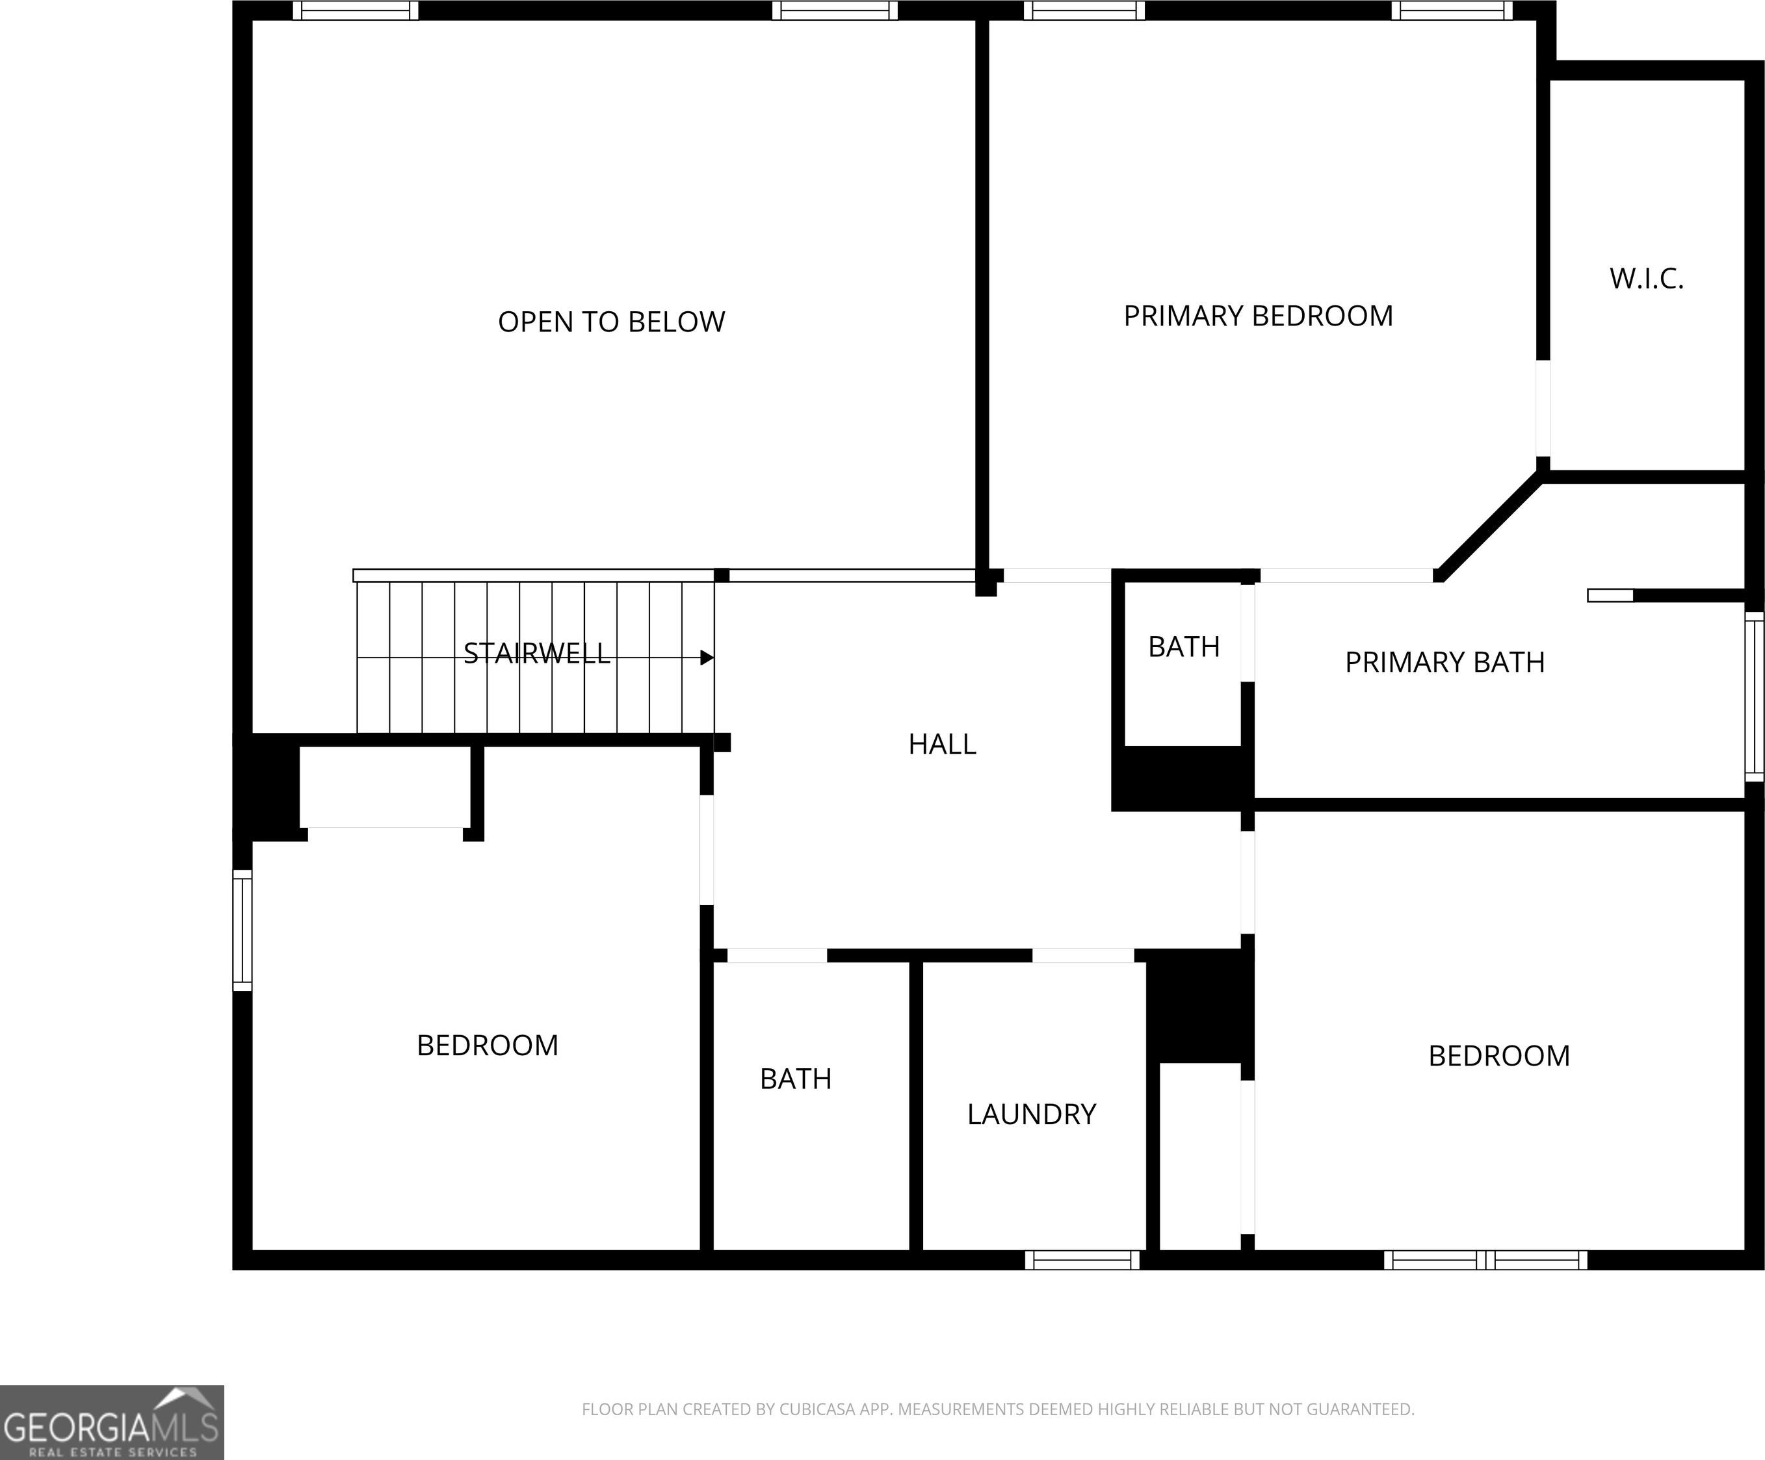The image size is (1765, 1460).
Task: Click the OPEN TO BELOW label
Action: point(611,322)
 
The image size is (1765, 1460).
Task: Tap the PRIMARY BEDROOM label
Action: point(1258,316)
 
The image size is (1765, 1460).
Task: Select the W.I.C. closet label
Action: point(1647,279)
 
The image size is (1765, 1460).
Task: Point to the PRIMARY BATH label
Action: point(1445,662)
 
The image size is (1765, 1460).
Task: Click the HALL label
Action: point(942,743)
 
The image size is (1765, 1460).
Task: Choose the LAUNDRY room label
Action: point(1031,1114)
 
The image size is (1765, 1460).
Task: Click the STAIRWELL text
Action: point(536,653)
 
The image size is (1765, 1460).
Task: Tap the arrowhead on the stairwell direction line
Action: point(708,657)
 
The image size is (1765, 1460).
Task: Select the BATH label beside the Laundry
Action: point(795,1079)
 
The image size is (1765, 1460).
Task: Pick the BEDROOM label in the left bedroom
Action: point(488,1045)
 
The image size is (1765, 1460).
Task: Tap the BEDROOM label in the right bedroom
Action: point(1498,1056)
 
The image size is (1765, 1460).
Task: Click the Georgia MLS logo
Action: point(112,1422)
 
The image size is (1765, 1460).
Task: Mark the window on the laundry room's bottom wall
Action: point(1082,1260)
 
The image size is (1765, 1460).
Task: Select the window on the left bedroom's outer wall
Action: point(242,930)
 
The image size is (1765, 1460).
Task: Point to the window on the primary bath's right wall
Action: point(1755,697)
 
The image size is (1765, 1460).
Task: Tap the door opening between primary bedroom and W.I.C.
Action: point(1543,408)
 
